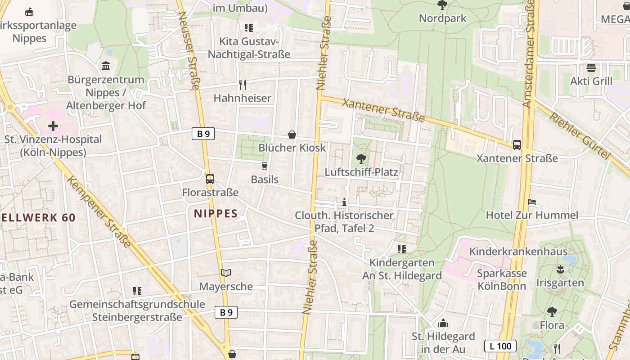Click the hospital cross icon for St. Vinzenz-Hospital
(x=53, y=126)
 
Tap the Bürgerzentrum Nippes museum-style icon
(x=106, y=66)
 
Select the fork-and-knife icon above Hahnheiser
(x=243, y=85)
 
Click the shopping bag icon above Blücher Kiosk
(x=292, y=134)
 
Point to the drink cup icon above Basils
(x=264, y=166)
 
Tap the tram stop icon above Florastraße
(x=210, y=179)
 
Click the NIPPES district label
(x=216, y=213)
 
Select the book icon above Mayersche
(x=226, y=273)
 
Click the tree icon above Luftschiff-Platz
(x=361, y=158)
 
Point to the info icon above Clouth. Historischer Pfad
(x=344, y=202)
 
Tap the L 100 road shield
(x=500, y=346)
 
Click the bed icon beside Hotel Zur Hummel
(x=532, y=202)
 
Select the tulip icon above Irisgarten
(x=560, y=270)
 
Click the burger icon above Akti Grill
(x=591, y=68)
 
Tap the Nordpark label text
(x=443, y=18)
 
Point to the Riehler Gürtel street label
(x=580, y=135)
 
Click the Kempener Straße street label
(x=99, y=211)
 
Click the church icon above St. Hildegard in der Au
(x=443, y=323)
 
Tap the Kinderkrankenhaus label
(x=518, y=251)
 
